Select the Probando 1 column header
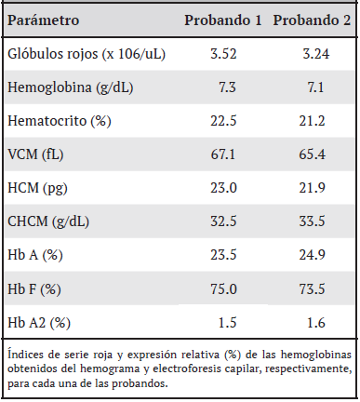pos(222,20)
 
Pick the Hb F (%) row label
pos(35,288)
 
